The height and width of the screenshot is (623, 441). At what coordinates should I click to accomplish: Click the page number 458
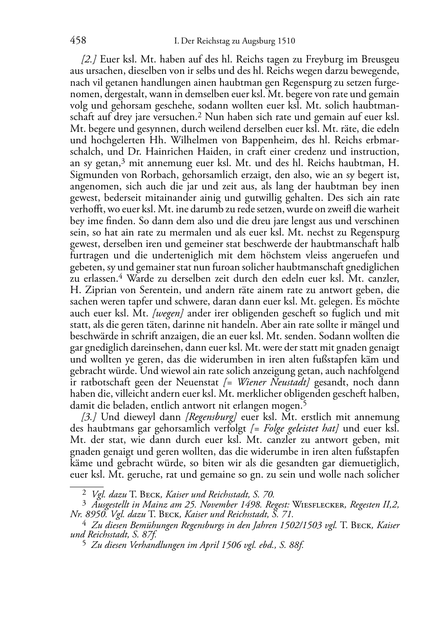[78, 41]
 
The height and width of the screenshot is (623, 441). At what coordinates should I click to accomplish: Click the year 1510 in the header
[286, 41]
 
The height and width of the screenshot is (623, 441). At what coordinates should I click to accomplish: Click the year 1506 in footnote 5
[230, 545]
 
